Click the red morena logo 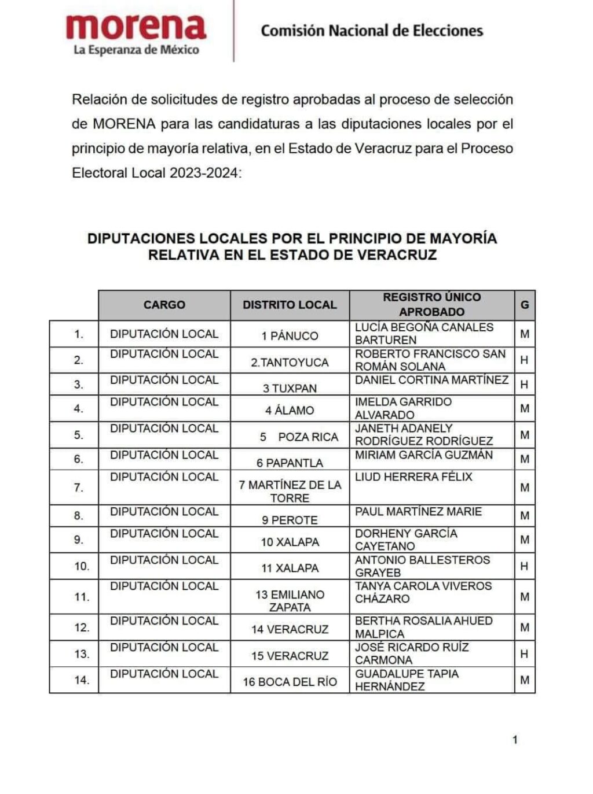[x=136, y=27]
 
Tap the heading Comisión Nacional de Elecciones [x=372, y=31]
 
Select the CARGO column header [x=164, y=305]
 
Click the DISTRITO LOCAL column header [x=290, y=305]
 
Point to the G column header [x=525, y=305]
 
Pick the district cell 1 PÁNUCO [x=290, y=336]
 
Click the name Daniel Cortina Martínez [x=431, y=380]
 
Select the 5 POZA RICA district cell [x=298, y=437]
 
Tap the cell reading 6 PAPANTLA [x=290, y=463]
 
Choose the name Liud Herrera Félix [x=413, y=477]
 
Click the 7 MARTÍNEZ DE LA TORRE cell [x=290, y=491]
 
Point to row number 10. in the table [x=82, y=566]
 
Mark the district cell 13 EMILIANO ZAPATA [x=290, y=601]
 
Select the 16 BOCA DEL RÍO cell [x=290, y=682]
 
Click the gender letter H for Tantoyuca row [x=524, y=360]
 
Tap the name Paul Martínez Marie [x=418, y=512]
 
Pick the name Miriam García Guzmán [x=424, y=455]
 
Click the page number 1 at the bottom [x=515, y=740]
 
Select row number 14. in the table [x=82, y=680]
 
